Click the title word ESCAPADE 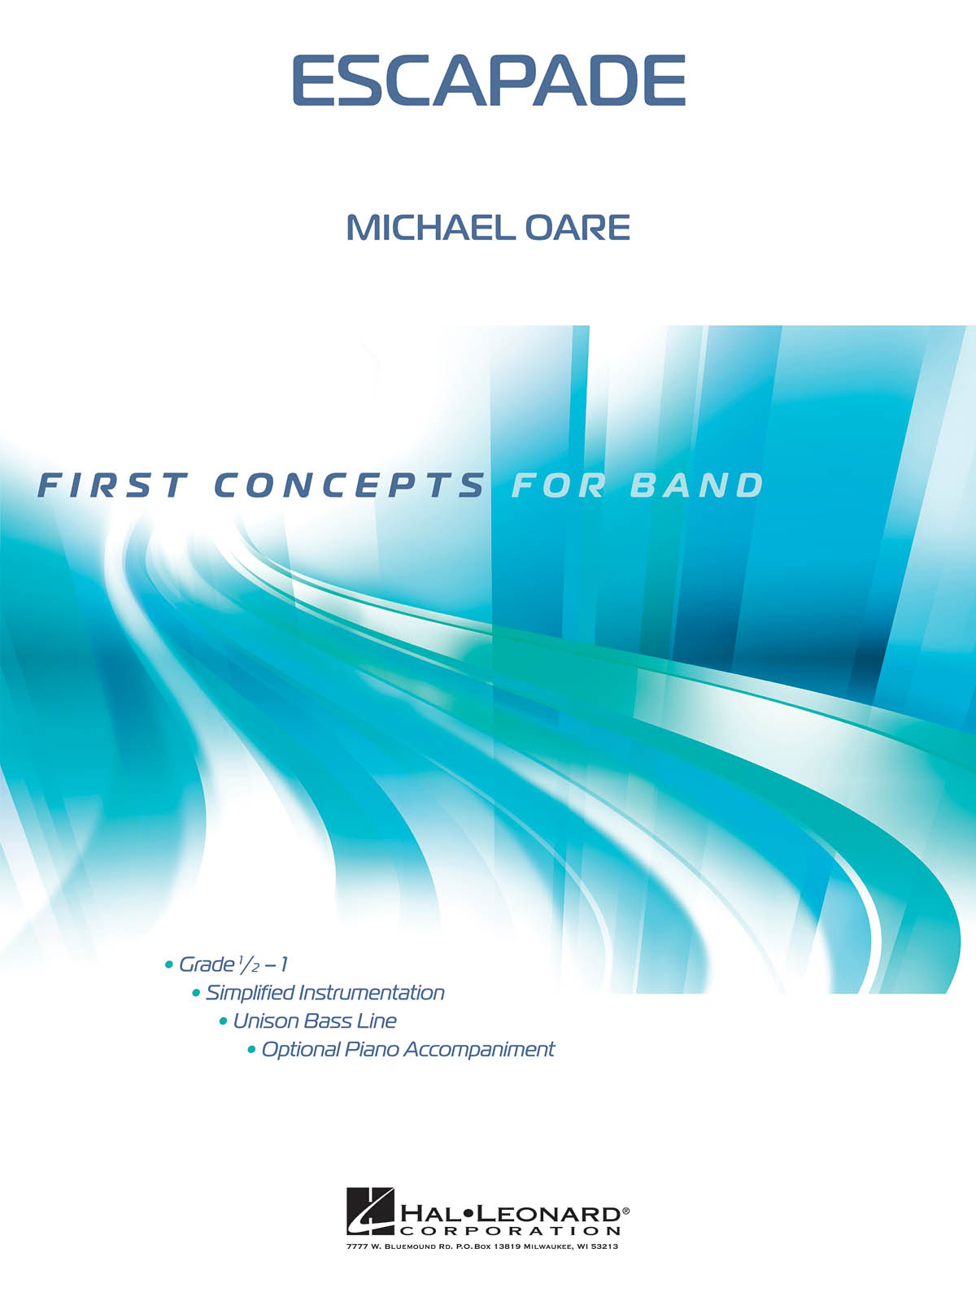pyautogui.click(x=489, y=80)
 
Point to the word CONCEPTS pyautogui.click(x=349, y=485)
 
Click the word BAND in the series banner pyautogui.click(x=696, y=485)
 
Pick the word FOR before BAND pyautogui.click(x=558, y=485)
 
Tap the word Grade pyautogui.click(x=207, y=965)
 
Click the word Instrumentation pyautogui.click(x=372, y=994)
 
